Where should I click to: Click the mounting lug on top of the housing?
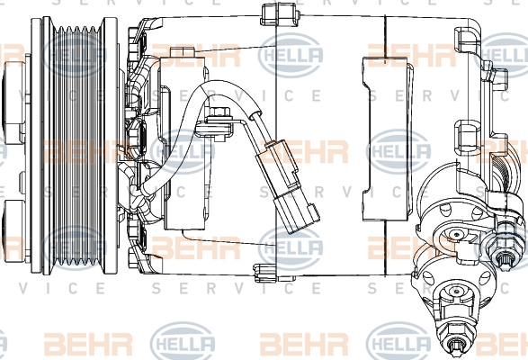(280, 14)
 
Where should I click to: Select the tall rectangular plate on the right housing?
(388, 139)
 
